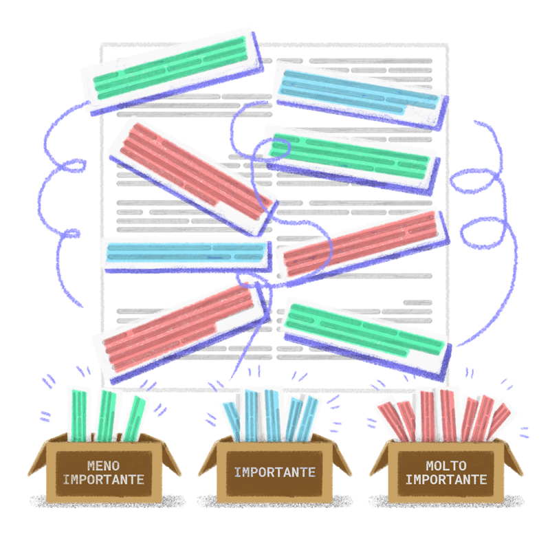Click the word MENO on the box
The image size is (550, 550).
click(103, 465)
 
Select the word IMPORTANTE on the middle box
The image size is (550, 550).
click(275, 472)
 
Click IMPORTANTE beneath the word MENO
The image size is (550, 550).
click(103, 479)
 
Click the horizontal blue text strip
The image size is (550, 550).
click(184, 252)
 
